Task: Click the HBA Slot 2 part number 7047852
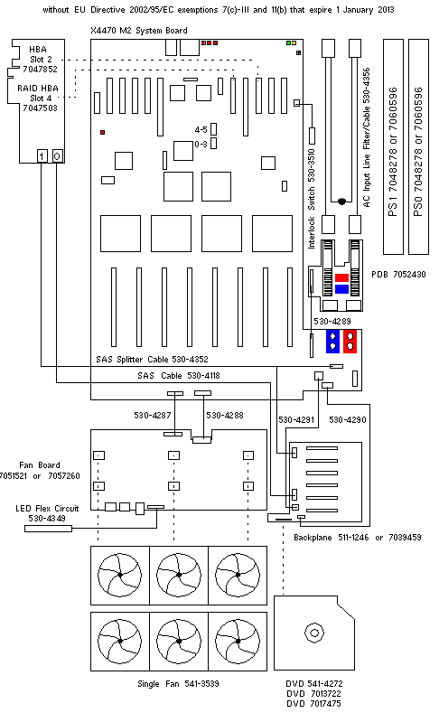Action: (x=40, y=69)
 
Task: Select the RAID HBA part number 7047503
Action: (x=40, y=108)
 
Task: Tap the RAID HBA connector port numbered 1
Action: (x=42, y=156)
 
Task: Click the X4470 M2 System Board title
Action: (x=138, y=31)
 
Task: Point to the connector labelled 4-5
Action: (x=213, y=129)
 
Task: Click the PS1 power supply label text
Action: (x=393, y=152)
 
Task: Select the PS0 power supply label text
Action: (x=418, y=152)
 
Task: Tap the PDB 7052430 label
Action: (x=398, y=274)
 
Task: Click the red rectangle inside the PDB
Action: (x=341, y=277)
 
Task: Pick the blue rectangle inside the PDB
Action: (x=341, y=289)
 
